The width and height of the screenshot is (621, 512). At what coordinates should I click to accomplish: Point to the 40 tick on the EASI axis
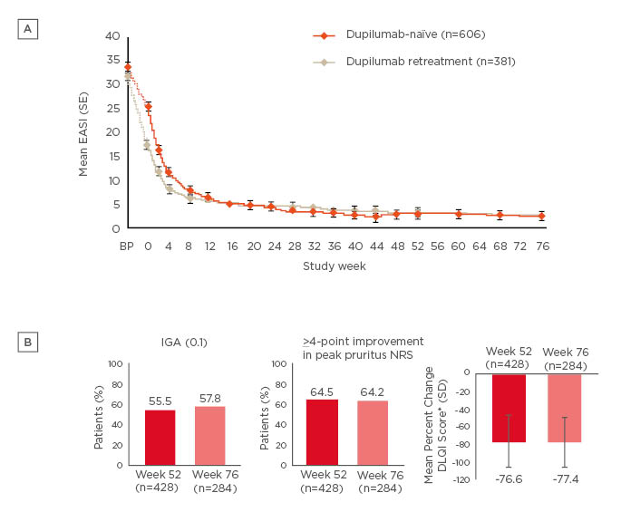click(x=113, y=36)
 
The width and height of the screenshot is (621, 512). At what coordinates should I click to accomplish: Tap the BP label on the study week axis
click(x=127, y=246)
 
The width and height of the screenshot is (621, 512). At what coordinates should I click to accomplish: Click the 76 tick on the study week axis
click(x=541, y=246)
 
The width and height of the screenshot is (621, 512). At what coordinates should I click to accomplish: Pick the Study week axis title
click(x=334, y=267)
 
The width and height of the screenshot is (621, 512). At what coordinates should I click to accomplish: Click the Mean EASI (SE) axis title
click(x=84, y=131)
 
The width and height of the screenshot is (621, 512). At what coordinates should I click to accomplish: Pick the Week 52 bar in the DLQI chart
click(x=509, y=408)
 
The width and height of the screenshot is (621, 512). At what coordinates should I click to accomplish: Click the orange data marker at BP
click(x=128, y=67)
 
